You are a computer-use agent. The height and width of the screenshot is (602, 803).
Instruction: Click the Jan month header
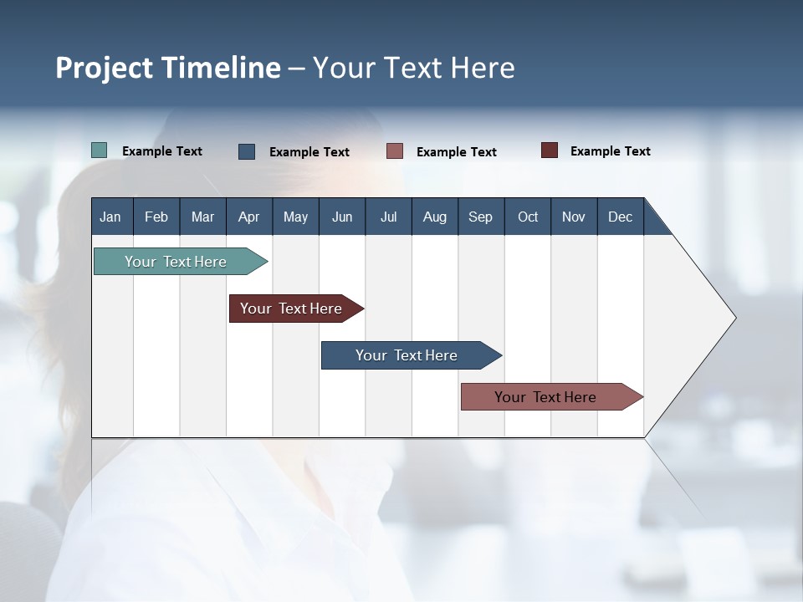pyautogui.click(x=111, y=217)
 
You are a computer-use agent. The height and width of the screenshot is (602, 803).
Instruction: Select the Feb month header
pyautogui.click(x=156, y=217)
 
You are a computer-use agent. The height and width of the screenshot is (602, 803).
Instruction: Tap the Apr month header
pyautogui.click(x=248, y=217)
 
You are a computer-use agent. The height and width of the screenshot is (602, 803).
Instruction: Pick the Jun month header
pyautogui.click(x=342, y=217)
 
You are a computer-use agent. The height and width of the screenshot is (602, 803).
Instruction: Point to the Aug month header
pyautogui.click(x=435, y=217)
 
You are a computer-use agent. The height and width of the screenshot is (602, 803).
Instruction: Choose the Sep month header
pyautogui.click(x=481, y=217)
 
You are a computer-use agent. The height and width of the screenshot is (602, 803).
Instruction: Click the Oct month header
pyautogui.click(x=528, y=217)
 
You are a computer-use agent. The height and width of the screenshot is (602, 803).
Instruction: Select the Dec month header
pyautogui.click(x=621, y=217)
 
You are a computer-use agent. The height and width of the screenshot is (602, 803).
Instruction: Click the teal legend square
pyautogui.click(x=100, y=150)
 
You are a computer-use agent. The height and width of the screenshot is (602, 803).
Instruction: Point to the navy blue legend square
pyautogui.click(x=247, y=151)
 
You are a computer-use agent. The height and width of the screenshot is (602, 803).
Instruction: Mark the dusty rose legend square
pyautogui.click(x=395, y=151)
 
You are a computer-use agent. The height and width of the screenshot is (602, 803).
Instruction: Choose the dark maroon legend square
pyautogui.click(x=549, y=150)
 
